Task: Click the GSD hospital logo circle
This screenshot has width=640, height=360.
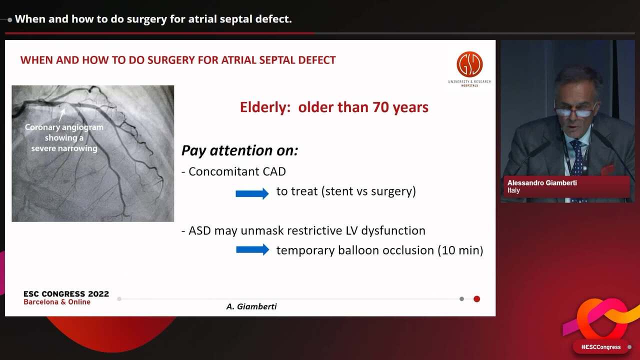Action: tap(469, 64)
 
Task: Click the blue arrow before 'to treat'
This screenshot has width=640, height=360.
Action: tap(252, 193)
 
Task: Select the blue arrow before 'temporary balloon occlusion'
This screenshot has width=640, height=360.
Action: tap(252, 249)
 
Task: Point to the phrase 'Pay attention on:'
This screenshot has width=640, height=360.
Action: tap(239, 150)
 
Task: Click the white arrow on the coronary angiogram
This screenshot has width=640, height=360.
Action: tap(62, 114)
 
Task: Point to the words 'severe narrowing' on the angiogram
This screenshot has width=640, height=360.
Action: tap(64, 148)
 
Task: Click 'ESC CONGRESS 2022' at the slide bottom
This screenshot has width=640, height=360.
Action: tap(66, 294)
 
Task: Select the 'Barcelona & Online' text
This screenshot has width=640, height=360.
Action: tap(57, 302)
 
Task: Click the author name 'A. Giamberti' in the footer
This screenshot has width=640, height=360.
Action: tap(251, 306)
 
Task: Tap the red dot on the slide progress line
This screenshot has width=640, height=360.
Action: tap(476, 299)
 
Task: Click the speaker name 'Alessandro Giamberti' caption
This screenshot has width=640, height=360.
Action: tap(542, 183)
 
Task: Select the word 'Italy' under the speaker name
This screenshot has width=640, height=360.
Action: tap(513, 190)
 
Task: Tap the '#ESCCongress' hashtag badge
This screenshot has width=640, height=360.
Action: tap(600, 347)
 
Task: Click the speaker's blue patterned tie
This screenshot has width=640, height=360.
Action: tap(578, 160)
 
